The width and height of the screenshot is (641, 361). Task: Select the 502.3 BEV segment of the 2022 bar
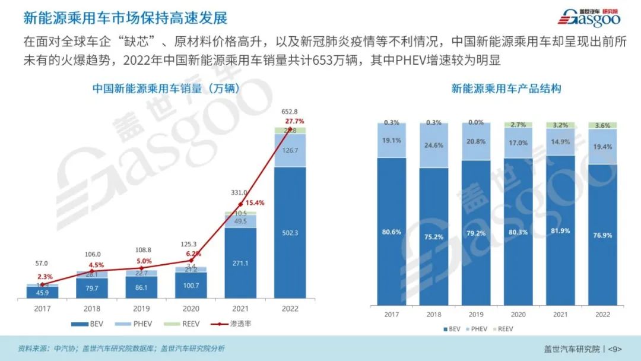[x=290, y=233]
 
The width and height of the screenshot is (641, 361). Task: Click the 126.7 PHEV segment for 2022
[x=290, y=150]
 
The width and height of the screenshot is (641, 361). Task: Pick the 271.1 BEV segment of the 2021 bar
[x=240, y=262]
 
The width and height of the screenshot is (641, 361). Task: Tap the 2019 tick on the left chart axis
[x=141, y=309]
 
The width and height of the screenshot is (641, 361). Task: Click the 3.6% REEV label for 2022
[x=602, y=125]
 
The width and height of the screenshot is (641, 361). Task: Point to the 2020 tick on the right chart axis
[x=518, y=315]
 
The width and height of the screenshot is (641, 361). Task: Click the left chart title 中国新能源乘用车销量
[x=166, y=89]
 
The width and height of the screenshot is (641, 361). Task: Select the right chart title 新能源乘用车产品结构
[x=506, y=89]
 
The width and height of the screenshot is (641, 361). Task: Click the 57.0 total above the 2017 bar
[x=42, y=263]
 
